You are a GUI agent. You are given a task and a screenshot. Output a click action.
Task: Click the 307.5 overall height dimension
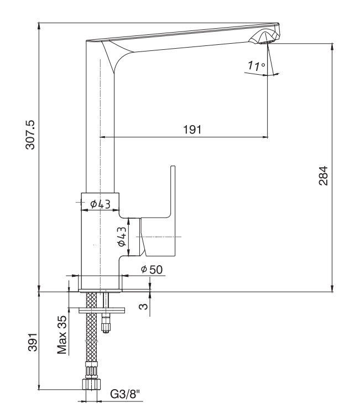30,135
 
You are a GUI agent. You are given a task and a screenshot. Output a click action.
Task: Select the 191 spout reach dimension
192,130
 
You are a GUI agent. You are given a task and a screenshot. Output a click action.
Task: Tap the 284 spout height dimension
324,175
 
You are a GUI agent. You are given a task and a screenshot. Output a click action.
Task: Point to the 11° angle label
257,65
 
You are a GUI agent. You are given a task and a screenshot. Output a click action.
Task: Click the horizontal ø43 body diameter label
100,204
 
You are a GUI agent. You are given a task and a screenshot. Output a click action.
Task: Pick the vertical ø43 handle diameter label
122,236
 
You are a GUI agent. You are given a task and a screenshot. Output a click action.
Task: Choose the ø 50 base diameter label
152,270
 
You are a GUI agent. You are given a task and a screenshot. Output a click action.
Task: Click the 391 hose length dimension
33,342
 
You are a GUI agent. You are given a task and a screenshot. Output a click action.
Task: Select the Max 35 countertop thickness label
62,334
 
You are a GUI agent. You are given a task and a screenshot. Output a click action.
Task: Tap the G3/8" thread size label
126,394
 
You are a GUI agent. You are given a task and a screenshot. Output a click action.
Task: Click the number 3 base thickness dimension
144,306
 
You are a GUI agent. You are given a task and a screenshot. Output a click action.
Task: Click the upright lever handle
158,211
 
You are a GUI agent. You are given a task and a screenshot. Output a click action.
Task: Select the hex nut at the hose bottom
91,385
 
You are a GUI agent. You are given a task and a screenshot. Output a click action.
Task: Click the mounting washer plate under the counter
102,311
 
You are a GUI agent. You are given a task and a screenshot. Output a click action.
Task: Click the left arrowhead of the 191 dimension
103,137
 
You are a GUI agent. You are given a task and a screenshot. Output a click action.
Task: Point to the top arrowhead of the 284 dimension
332,46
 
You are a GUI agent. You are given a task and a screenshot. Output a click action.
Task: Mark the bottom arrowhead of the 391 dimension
39,386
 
